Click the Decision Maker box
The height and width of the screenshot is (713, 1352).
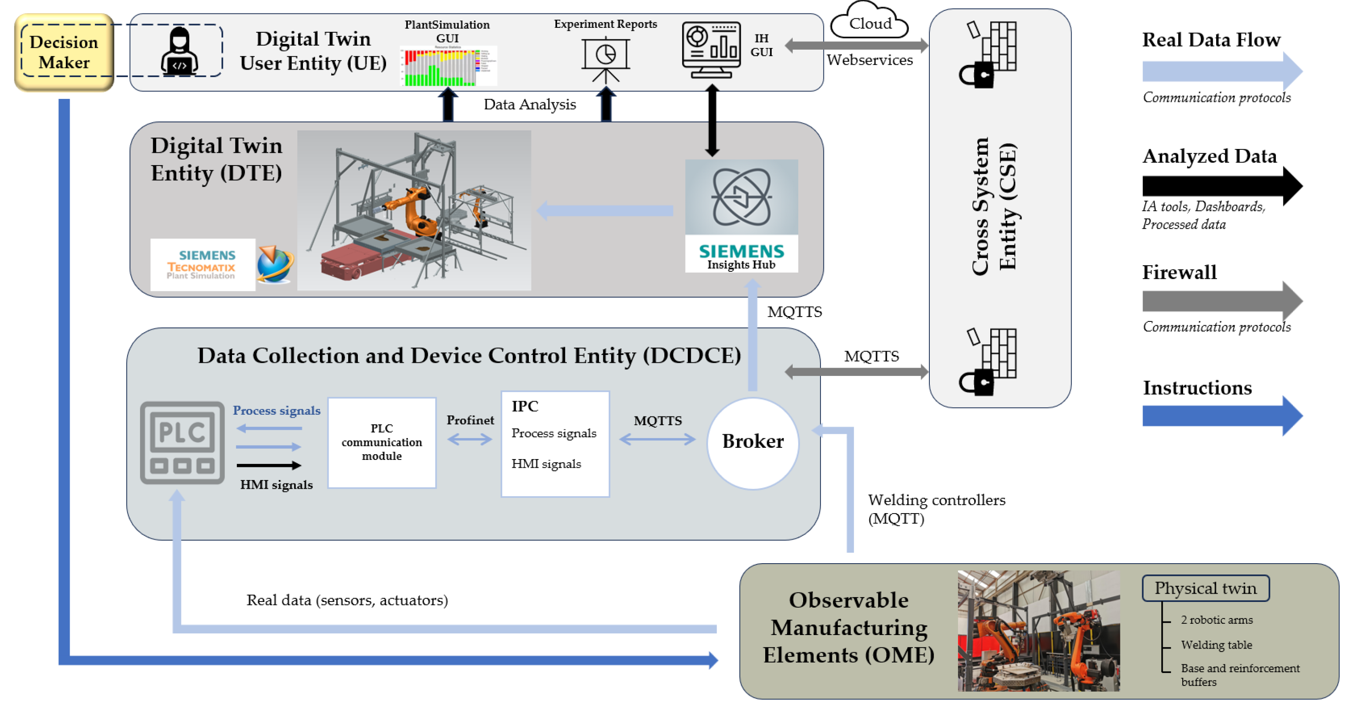[64, 52]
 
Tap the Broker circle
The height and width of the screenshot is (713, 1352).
[753, 442]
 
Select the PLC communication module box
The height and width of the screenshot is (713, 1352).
[382, 442]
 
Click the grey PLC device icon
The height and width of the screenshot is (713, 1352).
[182, 442]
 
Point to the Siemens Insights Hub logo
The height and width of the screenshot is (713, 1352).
[741, 215]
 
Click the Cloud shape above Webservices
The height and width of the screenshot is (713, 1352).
[870, 22]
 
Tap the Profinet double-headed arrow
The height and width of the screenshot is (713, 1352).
[470, 439]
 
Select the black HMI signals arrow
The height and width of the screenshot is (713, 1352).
[269, 465]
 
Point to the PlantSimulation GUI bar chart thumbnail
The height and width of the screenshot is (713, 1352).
[448, 66]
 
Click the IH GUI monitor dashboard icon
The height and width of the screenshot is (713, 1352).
[711, 50]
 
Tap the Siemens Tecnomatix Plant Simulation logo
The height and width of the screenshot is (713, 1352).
[202, 265]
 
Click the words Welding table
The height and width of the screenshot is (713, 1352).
[1216, 645]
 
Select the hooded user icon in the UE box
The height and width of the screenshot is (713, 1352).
[179, 51]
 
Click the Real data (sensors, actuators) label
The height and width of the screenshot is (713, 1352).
[347, 600]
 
